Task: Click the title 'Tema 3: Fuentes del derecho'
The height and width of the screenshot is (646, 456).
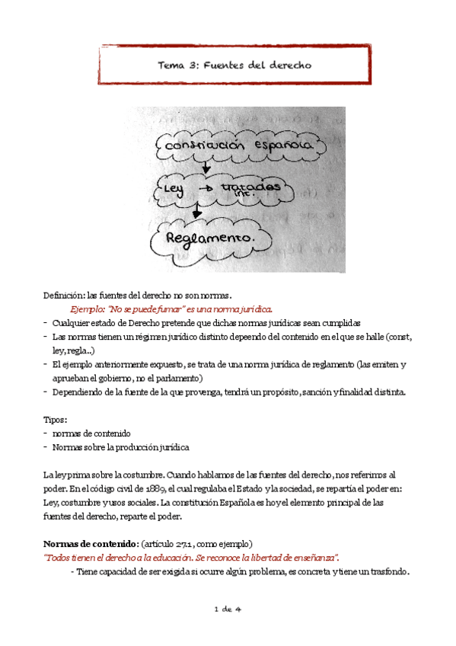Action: [234, 66]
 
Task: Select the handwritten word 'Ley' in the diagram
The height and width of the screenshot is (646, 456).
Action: [171, 188]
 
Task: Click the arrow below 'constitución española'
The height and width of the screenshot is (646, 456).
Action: [206, 165]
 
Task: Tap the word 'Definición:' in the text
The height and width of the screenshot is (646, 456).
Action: [64, 296]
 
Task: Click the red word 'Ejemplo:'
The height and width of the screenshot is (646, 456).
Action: [88, 309]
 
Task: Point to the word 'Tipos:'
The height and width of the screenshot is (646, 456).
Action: [55, 420]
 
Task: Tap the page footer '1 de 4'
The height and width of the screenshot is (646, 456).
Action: [227, 609]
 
